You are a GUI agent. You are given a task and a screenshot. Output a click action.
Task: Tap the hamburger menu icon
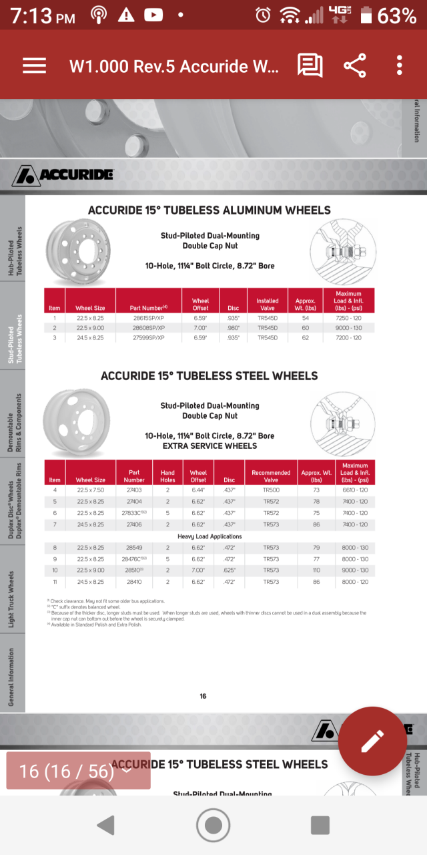(34, 65)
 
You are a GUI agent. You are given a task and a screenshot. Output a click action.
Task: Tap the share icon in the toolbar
(355, 65)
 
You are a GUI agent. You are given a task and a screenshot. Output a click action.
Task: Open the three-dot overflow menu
(399, 65)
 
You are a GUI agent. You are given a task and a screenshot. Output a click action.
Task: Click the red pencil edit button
(372, 741)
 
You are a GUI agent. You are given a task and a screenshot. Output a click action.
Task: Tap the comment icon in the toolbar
(310, 65)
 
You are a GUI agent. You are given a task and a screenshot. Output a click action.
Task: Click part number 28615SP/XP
(149, 319)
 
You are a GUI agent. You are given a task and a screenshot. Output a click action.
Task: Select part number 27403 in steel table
(134, 490)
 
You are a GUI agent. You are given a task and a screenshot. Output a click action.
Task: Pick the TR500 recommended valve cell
(271, 490)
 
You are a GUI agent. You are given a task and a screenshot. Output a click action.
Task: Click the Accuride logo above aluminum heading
(63, 175)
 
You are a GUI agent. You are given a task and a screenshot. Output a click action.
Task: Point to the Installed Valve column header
(268, 304)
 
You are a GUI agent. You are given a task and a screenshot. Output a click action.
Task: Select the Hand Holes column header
(167, 476)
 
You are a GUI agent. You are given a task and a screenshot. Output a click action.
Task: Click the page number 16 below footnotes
(203, 696)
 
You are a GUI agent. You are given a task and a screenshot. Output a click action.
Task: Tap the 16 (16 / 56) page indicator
(77, 771)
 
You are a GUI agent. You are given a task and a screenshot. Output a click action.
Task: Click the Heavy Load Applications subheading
(209, 536)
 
